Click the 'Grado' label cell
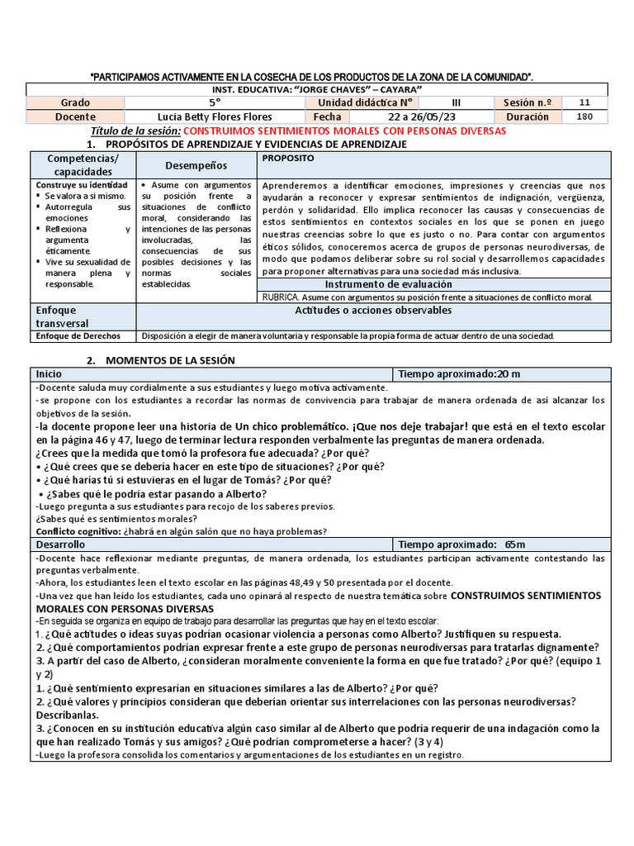coord(75,102)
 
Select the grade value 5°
coord(215,102)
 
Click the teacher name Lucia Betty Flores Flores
coord(214,116)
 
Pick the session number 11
coord(584,102)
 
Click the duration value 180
coord(584,116)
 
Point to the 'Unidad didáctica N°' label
coord(360,102)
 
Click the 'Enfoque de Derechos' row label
coord(78,336)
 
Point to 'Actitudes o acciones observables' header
coord(373,311)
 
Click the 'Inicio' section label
coord(48,374)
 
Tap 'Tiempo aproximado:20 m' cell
coord(459,374)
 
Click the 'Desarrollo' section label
coord(60,544)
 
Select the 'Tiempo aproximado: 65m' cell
coord(461,544)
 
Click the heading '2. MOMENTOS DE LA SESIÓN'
coord(161,359)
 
